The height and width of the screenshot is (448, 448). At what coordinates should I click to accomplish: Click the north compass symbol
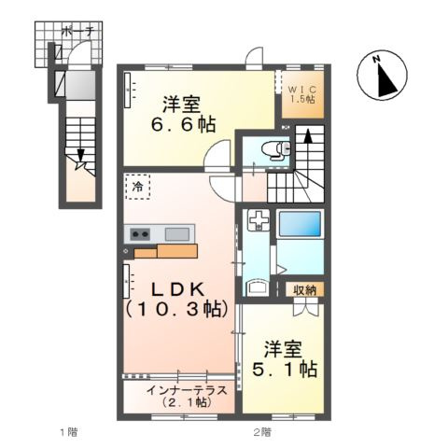pos(382,76)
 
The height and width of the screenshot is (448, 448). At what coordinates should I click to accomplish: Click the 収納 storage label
pos(304,289)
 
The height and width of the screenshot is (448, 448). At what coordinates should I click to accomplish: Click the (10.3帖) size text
pos(176,308)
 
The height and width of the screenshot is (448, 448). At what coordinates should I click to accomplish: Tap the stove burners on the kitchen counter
pos(141,234)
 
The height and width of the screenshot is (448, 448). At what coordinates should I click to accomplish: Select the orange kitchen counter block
pos(162,250)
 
